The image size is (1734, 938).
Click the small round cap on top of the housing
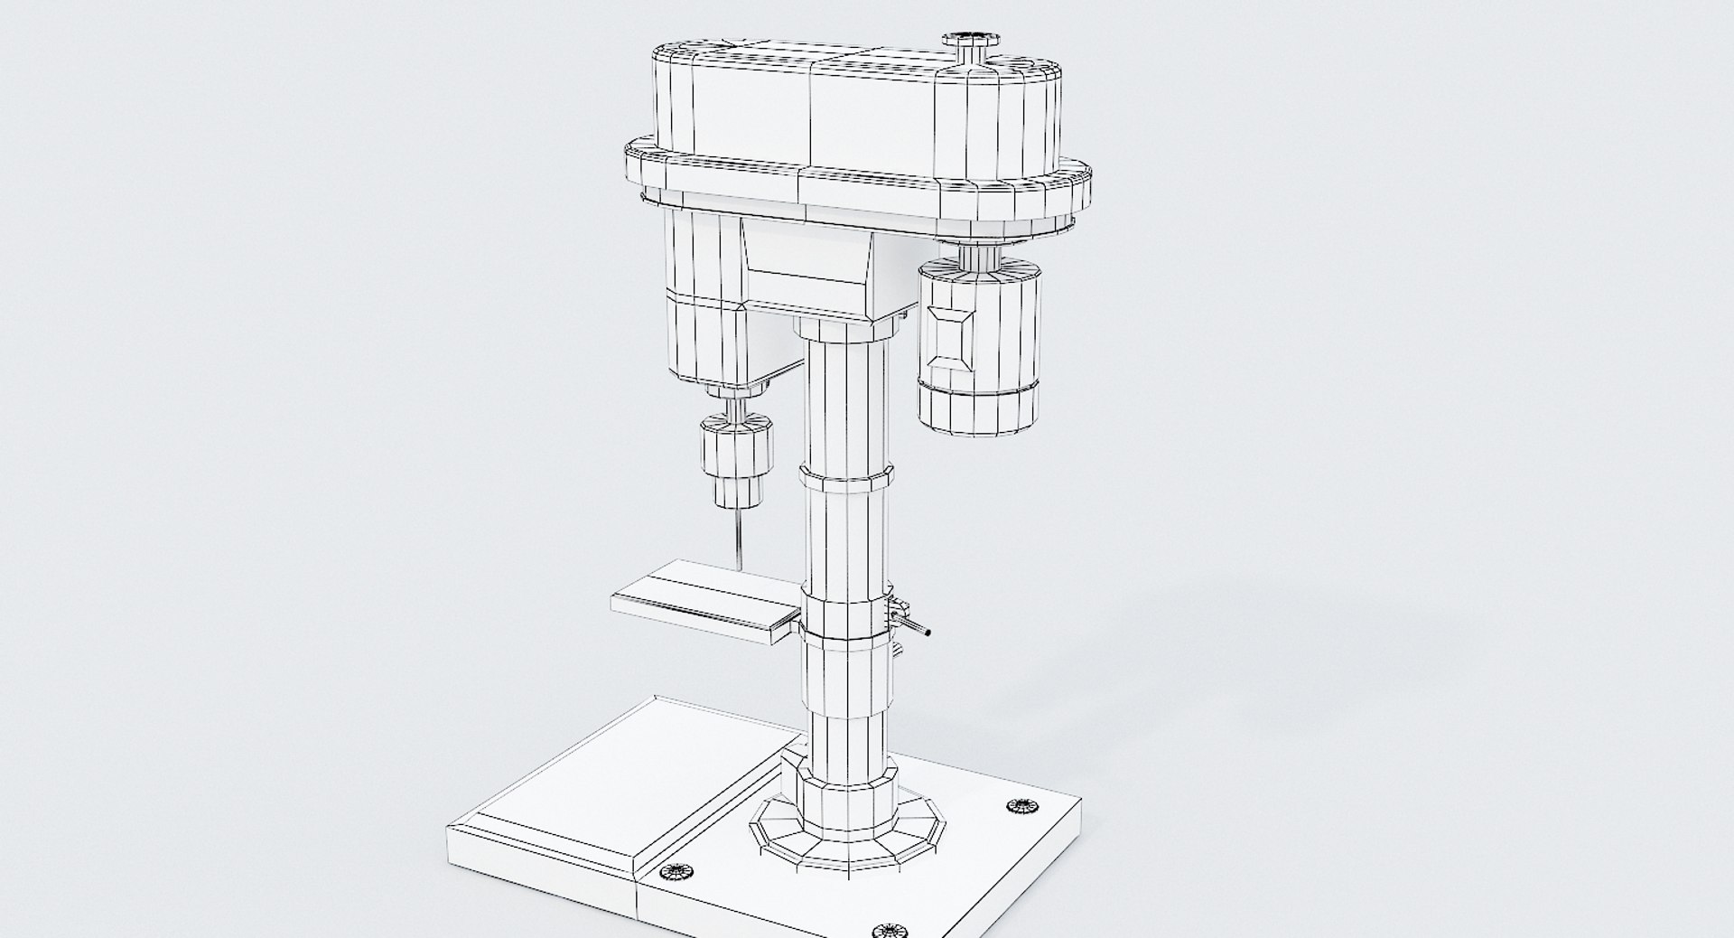[x=970, y=42]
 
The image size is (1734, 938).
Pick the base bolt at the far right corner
[x=1021, y=805]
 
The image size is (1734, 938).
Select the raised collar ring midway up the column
[x=845, y=478]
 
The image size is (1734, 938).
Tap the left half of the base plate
[x=578, y=795]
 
